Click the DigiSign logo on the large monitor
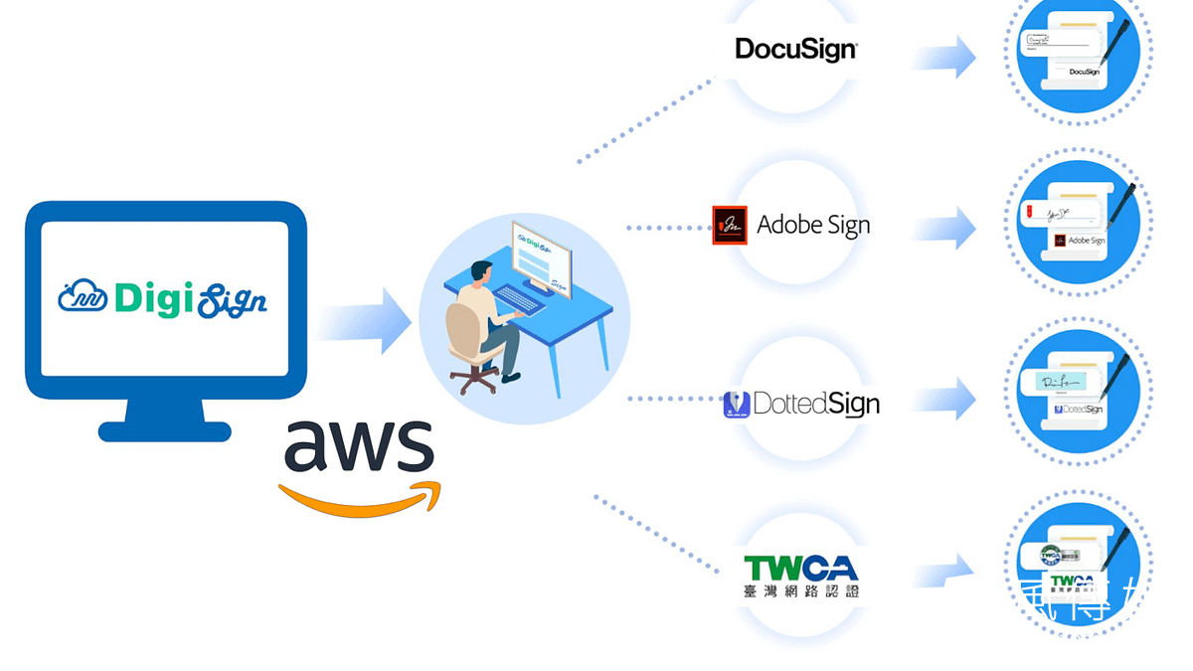click(164, 296)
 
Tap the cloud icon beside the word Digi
click(83, 295)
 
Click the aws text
click(359, 446)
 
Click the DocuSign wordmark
click(795, 49)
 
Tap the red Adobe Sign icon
click(730, 225)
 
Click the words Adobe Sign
click(813, 225)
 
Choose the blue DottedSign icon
click(736, 404)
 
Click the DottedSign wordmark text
click(816, 404)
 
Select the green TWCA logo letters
click(800, 568)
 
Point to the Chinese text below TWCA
click(800, 590)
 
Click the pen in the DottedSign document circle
click(1116, 377)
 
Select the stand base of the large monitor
click(165, 430)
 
